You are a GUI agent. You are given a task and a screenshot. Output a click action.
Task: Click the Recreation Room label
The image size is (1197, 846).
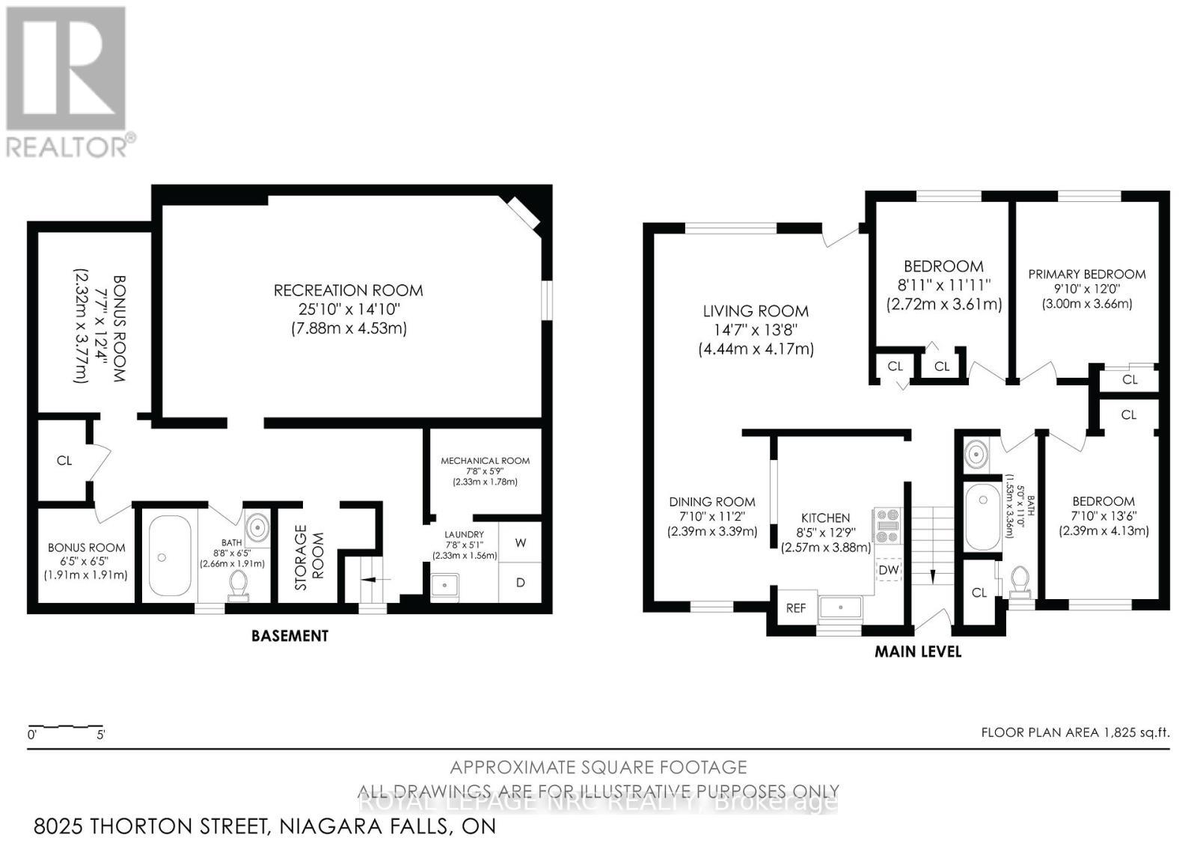(348, 290)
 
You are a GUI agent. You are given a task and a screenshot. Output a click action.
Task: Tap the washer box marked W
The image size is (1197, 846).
(521, 543)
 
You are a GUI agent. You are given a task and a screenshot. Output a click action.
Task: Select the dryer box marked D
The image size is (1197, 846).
(521, 582)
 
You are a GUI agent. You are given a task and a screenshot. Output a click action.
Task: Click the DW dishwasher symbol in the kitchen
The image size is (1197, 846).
(889, 571)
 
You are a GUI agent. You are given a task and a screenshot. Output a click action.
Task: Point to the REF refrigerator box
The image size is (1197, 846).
(796, 608)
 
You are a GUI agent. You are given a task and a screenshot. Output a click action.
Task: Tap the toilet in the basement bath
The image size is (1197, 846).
(239, 585)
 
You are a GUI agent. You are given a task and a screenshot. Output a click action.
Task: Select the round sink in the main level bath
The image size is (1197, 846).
(975, 453)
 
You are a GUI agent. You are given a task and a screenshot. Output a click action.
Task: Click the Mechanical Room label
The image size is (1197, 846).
(485, 461)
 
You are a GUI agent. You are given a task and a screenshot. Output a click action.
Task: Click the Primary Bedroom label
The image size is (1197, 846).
(1086, 275)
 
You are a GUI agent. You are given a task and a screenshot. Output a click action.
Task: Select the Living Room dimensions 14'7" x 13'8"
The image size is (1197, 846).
(756, 330)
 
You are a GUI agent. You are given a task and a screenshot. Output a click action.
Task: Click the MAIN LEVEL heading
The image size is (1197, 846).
(918, 652)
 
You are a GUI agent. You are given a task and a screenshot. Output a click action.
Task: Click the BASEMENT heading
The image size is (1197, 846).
(290, 636)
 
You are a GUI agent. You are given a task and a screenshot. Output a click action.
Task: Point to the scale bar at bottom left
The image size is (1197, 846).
(65, 727)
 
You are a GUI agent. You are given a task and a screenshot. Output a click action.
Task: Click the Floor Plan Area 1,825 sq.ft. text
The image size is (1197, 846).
(1074, 732)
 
